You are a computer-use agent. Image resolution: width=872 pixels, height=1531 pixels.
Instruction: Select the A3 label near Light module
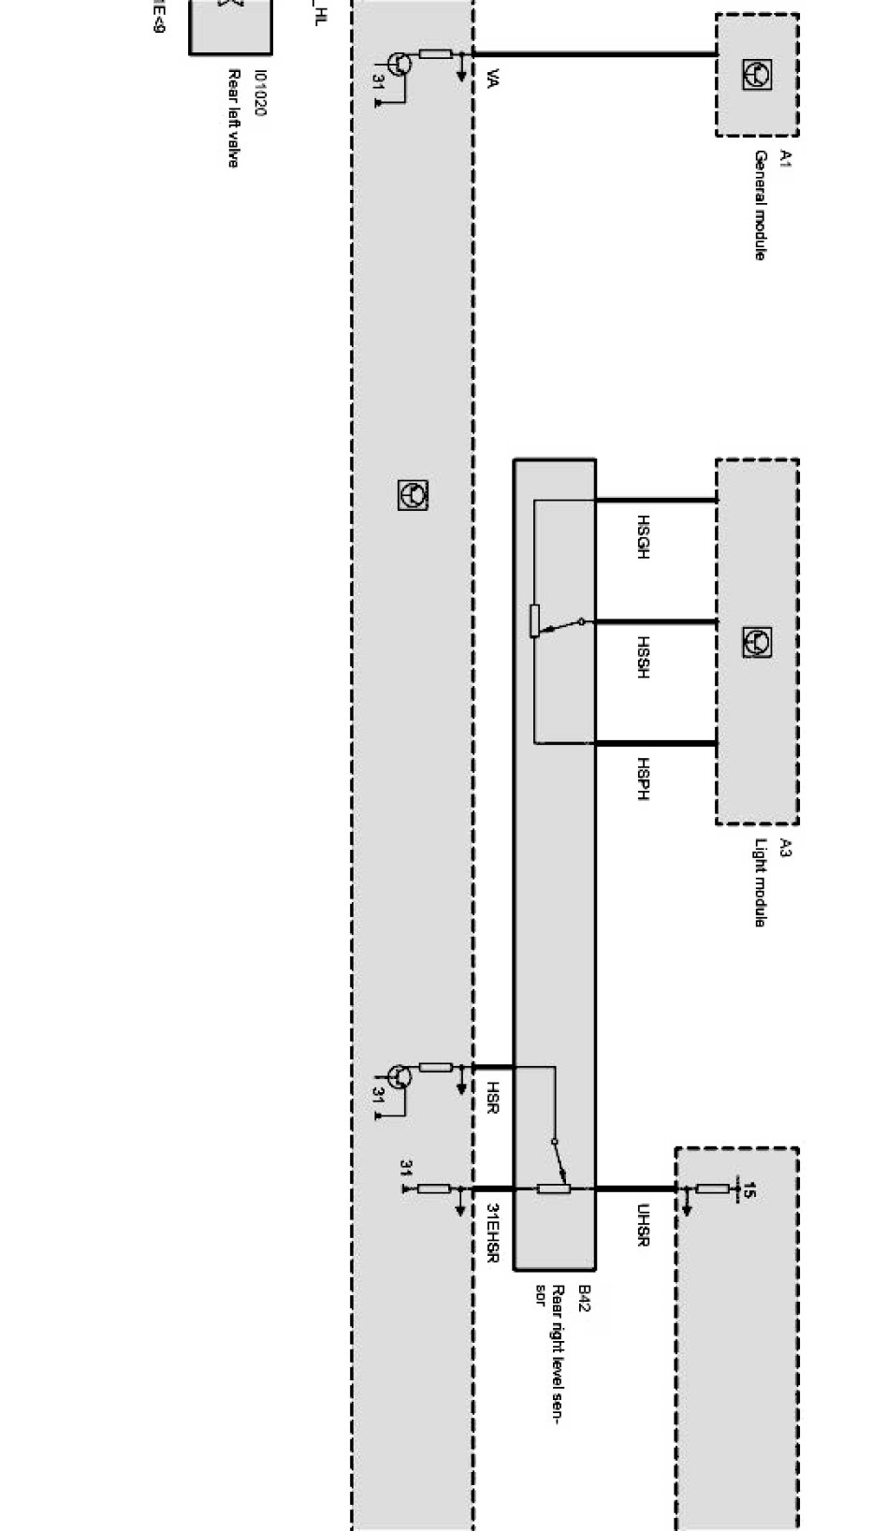pyautogui.click(x=785, y=848)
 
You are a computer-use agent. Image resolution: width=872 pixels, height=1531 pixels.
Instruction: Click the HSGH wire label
pyautogui.click(x=643, y=537)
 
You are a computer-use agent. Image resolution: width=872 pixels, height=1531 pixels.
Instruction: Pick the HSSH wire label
pyautogui.click(x=643, y=657)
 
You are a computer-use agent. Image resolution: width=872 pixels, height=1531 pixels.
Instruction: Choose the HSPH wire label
pyautogui.click(x=643, y=779)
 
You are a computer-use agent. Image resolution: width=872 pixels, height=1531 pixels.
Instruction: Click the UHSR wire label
pyautogui.click(x=643, y=1225)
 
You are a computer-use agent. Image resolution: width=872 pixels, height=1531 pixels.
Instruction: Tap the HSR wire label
pyautogui.click(x=493, y=1097)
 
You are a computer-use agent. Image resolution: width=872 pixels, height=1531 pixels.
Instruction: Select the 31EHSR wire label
pyautogui.click(x=493, y=1233)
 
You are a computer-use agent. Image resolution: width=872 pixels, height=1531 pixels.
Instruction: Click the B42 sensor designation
pyautogui.click(x=584, y=1299)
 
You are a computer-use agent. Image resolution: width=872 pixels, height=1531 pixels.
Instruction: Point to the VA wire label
pyautogui.click(x=493, y=80)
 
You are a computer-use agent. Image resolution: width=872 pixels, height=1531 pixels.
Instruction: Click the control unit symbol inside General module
pyautogui.click(x=756, y=74)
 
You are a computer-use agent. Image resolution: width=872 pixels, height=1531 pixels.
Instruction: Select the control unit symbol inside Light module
pyautogui.click(x=756, y=642)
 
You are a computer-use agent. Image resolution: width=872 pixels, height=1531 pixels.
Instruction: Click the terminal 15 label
pyautogui.click(x=748, y=1189)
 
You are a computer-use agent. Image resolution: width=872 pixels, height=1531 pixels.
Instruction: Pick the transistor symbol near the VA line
pyautogui.click(x=399, y=64)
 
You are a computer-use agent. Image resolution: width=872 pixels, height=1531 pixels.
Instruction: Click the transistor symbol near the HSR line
pyautogui.click(x=399, y=1076)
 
